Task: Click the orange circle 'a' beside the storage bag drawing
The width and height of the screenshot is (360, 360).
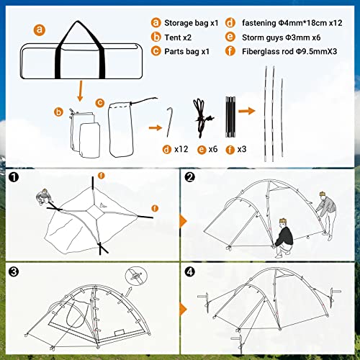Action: [x=40, y=30]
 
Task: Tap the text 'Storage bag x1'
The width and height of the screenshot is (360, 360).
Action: [x=192, y=23]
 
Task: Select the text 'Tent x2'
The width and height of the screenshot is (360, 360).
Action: [x=178, y=37]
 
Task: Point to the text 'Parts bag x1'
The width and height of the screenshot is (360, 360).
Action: [x=186, y=51]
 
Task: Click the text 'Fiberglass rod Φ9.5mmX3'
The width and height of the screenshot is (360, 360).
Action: [x=289, y=51]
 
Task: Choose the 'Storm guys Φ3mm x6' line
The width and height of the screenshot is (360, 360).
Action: [x=281, y=37]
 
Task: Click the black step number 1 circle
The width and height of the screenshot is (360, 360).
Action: [x=14, y=177]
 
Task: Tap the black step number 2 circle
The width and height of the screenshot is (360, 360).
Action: [x=190, y=177]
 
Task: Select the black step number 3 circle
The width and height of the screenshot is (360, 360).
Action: [x=14, y=272]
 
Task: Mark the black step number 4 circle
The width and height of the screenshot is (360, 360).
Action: [x=190, y=272]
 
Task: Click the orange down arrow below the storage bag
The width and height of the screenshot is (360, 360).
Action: [x=81, y=91]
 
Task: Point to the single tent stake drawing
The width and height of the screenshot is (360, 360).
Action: [x=170, y=122]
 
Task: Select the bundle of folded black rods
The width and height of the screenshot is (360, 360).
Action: [x=230, y=117]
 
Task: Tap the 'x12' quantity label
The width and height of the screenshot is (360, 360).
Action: [x=181, y=149]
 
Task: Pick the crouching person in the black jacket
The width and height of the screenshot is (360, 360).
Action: [x=284, y=238]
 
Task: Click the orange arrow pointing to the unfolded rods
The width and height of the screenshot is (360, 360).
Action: [x=247, y=111]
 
